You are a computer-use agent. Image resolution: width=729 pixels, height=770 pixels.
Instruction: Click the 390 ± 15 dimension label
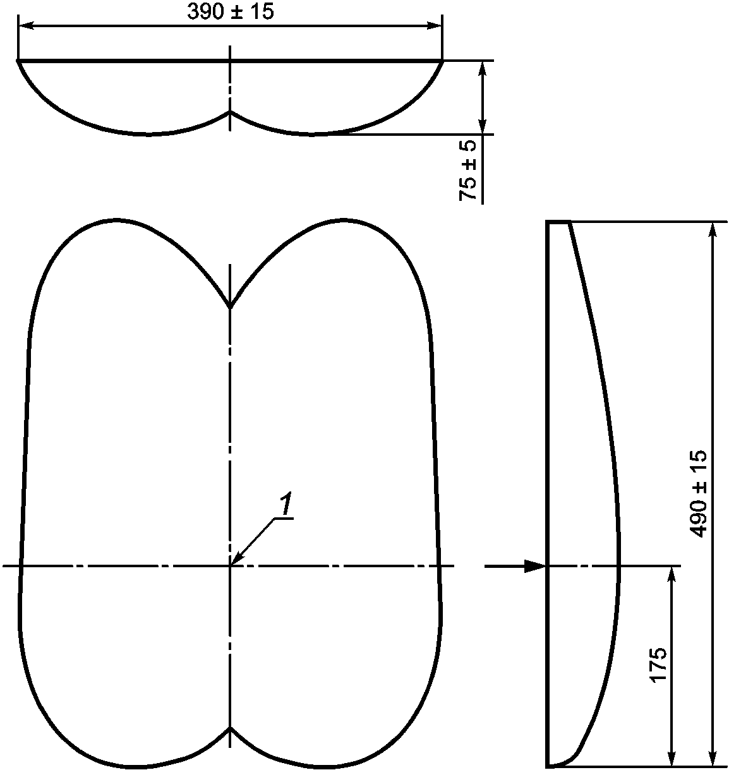[x=231, y=12]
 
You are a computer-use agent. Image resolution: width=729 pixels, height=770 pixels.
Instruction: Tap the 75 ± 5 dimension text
[x=467, y=171]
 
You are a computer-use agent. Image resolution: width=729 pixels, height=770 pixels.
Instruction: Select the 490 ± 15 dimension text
[x=698, y=493]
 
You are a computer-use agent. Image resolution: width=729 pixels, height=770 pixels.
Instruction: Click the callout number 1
[x=286, y=505]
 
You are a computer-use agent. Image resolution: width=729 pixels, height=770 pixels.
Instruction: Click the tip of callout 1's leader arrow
[x=231, y=565]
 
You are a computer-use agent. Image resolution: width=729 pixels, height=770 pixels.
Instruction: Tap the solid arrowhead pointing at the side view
[x=534, y=567]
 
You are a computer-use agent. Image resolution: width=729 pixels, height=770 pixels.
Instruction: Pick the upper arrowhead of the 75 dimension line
[x=483, y=69]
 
